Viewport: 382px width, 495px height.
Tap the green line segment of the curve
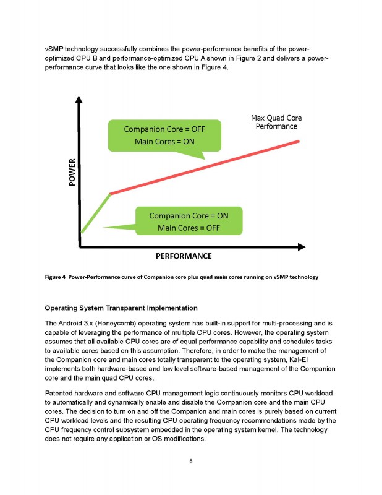(x=95, y=213)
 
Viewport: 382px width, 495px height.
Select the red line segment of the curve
(x=204, y=167)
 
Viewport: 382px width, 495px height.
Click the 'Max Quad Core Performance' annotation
(x=276, y=122)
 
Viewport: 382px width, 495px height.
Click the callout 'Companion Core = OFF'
(x=164, y=129)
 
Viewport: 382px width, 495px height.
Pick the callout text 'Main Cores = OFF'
(x=189, y=228)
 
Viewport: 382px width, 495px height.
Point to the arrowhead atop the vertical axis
(x=79, y=100)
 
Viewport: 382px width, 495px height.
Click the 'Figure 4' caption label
(x=56, y=277)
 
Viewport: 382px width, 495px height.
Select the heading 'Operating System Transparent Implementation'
(x=121, y=308)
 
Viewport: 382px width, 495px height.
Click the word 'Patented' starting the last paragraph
(x=61, y=394)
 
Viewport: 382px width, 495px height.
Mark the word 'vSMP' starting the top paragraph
(x=56, y=49)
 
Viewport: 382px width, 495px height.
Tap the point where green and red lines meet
(x=110, y=194)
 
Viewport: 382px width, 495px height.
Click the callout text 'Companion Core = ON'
(x=189, y=215)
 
